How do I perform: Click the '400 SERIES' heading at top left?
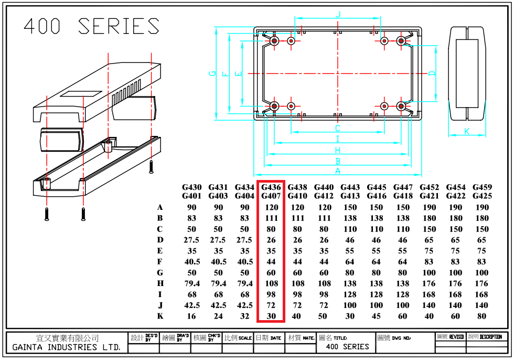[91, 26]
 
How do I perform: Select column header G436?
[271, 187]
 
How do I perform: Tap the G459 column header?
[482, 187]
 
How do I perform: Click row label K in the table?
[160, 316]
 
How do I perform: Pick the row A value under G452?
[429, 207]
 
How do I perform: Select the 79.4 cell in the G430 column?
[192, 283]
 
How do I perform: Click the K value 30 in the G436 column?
[271, 316]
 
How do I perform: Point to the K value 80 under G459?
[482, 316]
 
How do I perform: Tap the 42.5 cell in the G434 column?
[244, 305]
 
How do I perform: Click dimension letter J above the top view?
[338, 15]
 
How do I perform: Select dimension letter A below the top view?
[338, 171]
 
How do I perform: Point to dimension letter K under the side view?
[467, 131]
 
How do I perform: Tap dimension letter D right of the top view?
[432, 73]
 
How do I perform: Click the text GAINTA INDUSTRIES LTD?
[66, 347]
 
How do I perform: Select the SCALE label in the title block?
[245, 338]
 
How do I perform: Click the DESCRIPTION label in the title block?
[491, 337]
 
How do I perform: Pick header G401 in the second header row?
[192, 196]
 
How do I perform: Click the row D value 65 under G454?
[455, 240]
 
